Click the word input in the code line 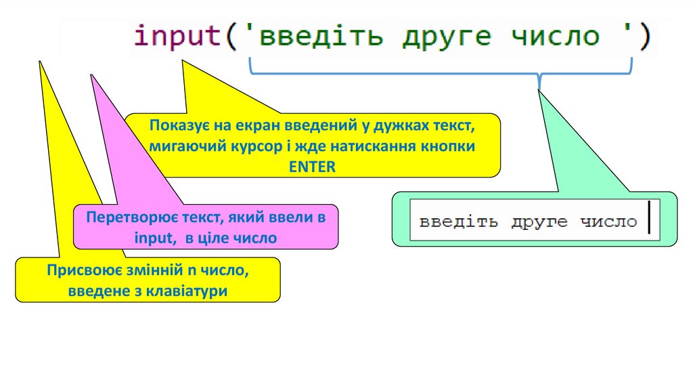click(177, 36)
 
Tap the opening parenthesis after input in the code click(231, 36)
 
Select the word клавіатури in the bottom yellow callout click(193, 291)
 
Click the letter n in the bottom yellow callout click(192, 272)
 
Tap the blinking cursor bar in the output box click(648, 218)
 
